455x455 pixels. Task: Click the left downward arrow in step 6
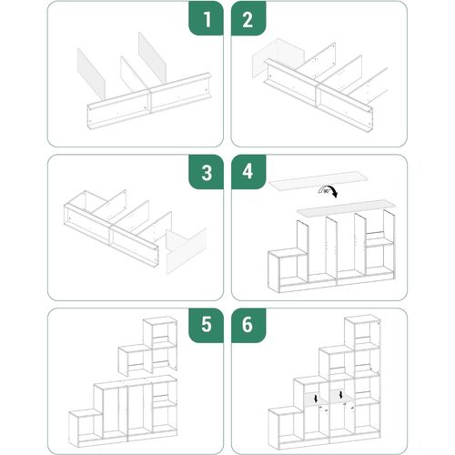[315, 398]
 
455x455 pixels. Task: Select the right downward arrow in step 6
[340, 397]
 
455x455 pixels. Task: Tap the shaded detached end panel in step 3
[187, 248]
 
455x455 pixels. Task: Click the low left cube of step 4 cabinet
[285, 270]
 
